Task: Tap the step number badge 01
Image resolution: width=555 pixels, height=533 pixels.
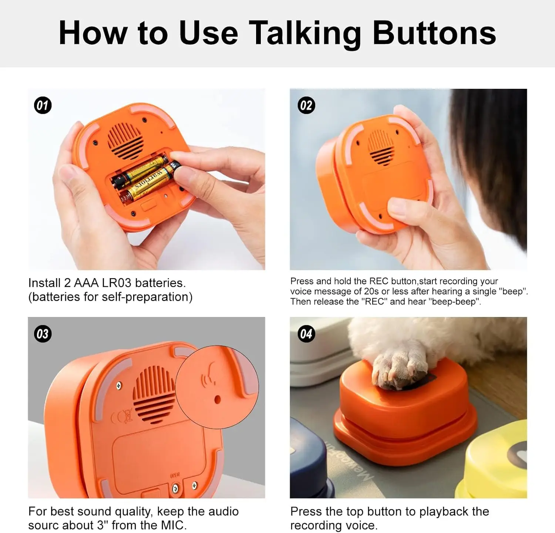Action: click(x=43, y=105)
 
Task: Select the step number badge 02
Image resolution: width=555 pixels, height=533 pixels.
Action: click(x=306, y=105)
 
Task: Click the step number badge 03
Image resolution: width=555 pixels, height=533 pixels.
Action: click(x=43, y=334)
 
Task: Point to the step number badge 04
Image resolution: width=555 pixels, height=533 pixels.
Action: click(x=306, y=334)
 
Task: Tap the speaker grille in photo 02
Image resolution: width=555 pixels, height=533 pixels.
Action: click(x=380, y=147)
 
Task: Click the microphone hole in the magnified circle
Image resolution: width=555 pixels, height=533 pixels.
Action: click(x=217, y=399)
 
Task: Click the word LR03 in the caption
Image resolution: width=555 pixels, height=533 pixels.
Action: click(x=117, y=283)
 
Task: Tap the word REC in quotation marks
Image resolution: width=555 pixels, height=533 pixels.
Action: click(x=374, y=302)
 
